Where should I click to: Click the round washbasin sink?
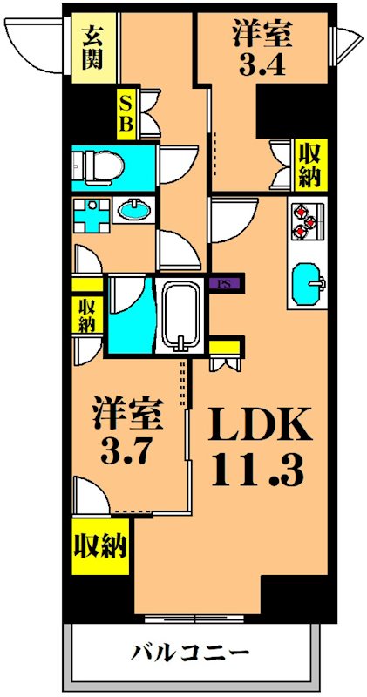[133, 209]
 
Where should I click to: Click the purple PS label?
[226, 283]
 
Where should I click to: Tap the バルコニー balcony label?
[191, 653]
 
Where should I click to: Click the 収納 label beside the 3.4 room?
[309, 163]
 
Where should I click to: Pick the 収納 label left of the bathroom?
[87, 315]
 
